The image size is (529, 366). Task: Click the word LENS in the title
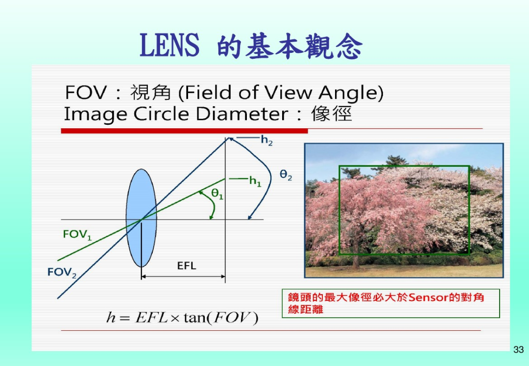click(x=169, y=45)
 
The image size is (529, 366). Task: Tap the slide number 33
click(x=518, y=349)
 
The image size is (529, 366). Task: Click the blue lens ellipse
click(x=142, y=218)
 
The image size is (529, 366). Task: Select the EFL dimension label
click(x=187, y=266)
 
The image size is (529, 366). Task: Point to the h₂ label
click(x=266, y=140)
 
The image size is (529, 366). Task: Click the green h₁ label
click(x=255, y=182)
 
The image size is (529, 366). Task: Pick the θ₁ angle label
click(x=217, y=194)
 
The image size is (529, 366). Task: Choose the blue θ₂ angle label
click(x=286, y=175)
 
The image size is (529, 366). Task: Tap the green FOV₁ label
click(x=77, y=234)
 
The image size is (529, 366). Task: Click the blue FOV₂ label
click(x=62, y=273)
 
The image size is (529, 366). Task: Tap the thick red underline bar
click(x=184, y=131)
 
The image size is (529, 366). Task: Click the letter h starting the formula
click(x=111, y=318)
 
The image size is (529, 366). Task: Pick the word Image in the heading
click(x=96, y=114)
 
